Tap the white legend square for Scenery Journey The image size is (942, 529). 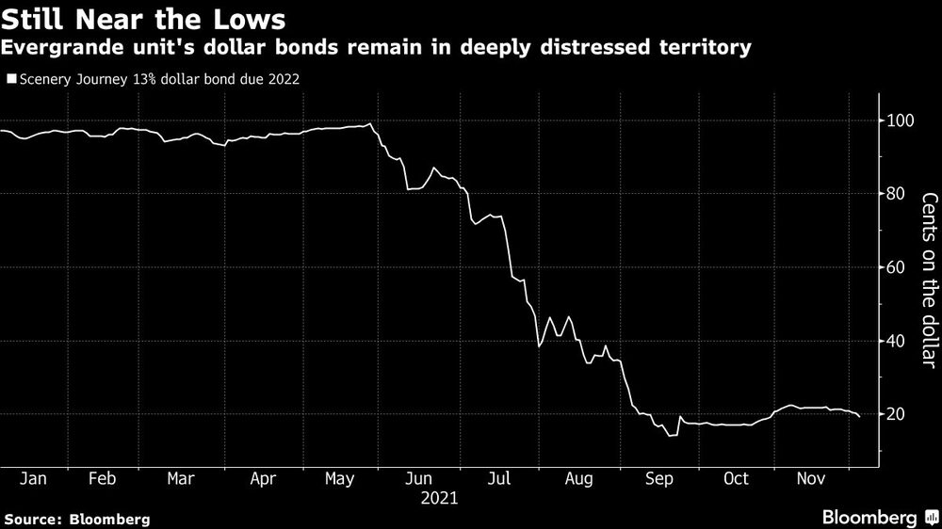[x=10, y=79]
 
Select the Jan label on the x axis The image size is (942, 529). [x=34, y=479]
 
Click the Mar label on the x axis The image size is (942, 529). [x=181, y=479]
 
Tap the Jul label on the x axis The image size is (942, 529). [x=499, y=479]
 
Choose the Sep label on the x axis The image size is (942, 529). [x=658, y=479]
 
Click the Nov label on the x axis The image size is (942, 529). [x=810, y=479]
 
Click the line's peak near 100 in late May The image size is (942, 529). [x=370, y=123]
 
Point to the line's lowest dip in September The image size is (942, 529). [x=670, y=436]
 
